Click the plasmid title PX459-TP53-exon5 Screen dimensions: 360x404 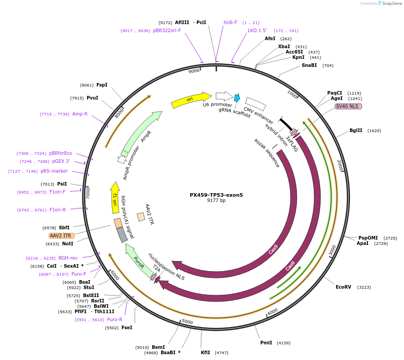[x=216, y=195]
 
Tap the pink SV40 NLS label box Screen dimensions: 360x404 [x=348, y=106]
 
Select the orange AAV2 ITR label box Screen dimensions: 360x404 [x=61, y=236]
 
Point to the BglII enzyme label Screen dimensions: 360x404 [x=356, y=131]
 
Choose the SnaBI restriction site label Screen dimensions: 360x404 [x=309, y=65]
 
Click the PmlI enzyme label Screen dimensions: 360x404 [x=266, y=343]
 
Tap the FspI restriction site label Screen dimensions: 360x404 [x=102, y=85]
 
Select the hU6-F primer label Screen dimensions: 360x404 [x=230, y=22]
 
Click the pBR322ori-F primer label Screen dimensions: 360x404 [x=167, y=30]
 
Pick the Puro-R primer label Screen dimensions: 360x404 [x=115, y=319]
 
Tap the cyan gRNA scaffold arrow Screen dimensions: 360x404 [x=237, y=98]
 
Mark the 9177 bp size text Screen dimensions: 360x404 [x=216, y=201]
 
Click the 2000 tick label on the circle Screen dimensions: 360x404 [x=342, y=166]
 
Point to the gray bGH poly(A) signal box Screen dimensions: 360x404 [x=122, y=235]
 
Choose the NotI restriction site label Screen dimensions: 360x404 [x=67, y=244]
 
